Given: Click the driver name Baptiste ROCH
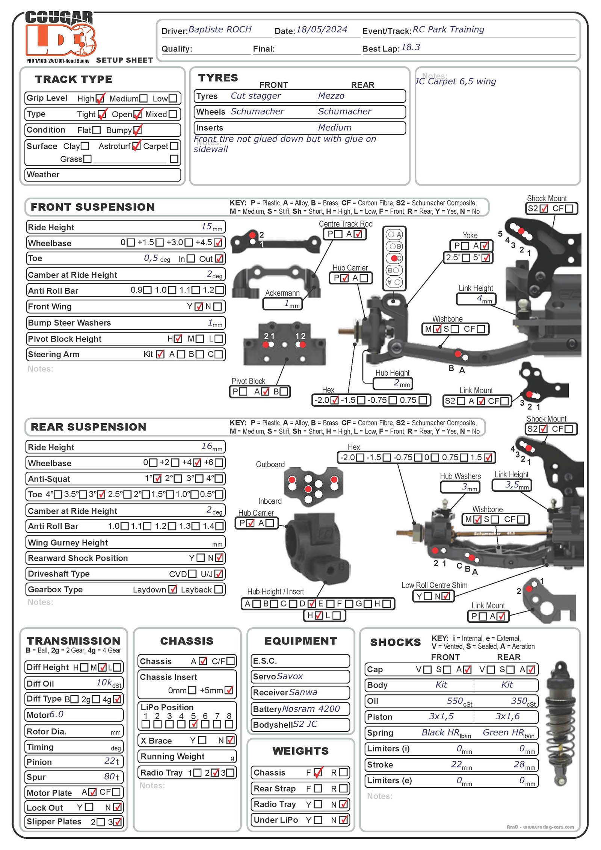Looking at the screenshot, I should coord(220,30).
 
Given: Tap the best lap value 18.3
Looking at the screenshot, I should coord(410,48).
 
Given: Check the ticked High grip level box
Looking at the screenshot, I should coord(100,99).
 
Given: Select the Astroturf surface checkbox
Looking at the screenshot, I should coord(136,146).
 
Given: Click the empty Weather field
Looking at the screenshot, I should coord(103,175).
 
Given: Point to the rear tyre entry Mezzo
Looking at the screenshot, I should coord(331,96).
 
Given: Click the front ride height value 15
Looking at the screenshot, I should coord(207,226).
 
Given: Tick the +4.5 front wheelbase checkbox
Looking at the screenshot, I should coord(218,243).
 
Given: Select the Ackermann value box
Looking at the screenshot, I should coord(282,304).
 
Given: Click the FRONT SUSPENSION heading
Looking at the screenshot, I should coord(92,207).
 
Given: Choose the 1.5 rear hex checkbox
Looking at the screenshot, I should coord(488,457).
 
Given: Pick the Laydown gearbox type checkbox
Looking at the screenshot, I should coord(173,589).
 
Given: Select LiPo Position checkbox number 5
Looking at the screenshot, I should coord(193,724).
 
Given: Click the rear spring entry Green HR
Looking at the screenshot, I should coord(503,732).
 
